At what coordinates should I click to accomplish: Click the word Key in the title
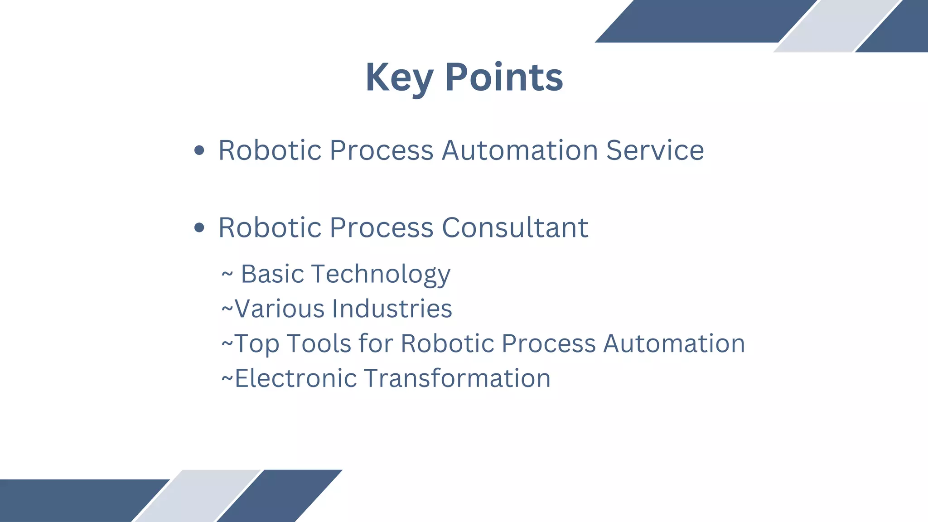(x=399, y=78)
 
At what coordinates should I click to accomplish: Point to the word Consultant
(x=515, y=227)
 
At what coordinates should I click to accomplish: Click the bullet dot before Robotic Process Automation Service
(x=199, y=150)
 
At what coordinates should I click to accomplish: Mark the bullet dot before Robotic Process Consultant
(x=199, y=227)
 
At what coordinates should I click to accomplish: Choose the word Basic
(x=272, y=274)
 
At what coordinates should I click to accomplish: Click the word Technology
(x=381, y=275)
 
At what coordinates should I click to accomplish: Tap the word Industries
(x=392, y=309)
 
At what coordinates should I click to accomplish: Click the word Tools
(x=319, y=343)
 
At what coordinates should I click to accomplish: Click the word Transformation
(x=457, y=378)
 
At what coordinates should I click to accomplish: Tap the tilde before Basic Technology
(x=227, y=274)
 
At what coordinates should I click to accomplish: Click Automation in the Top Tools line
(x=674, y=343)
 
